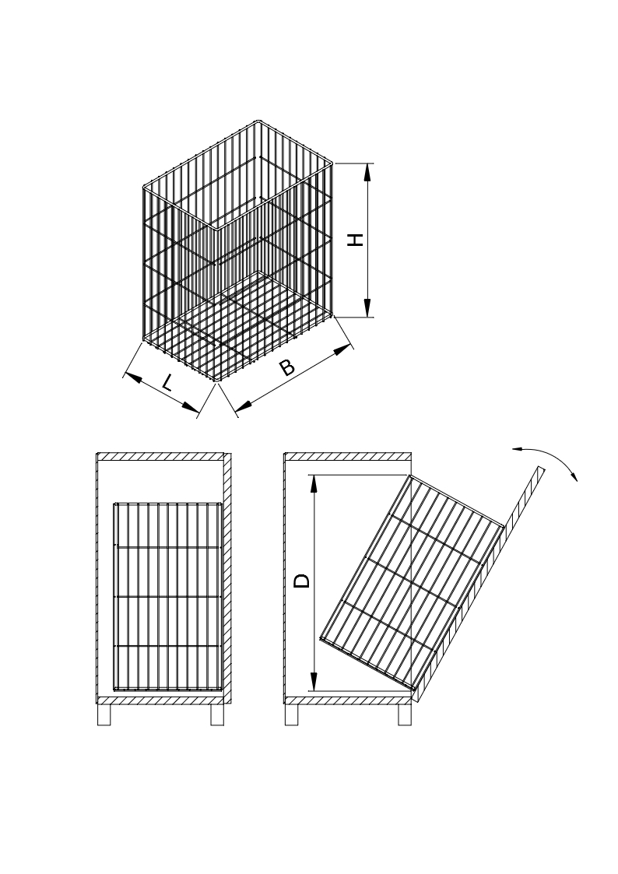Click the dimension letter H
pyautogui.click(x=356, y=240)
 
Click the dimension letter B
pyautogui.click(x=286, y=367)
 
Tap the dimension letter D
pyautogui.click(x=302, y=581)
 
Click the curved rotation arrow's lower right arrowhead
pyautogui.click(x=574, y=473)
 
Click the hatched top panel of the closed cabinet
pyautogui.click(x=160, y=456)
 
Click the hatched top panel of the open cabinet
pyautogui.click(x=348, y=456)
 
